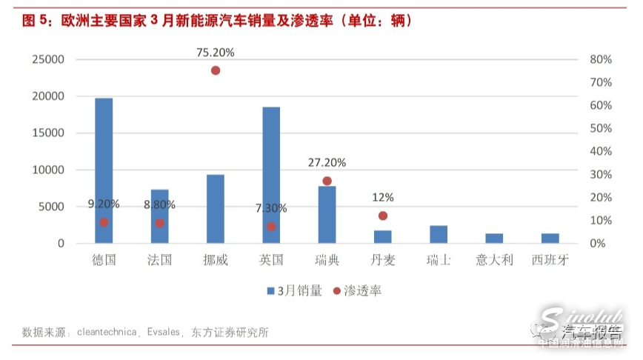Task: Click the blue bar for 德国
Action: (x=104, y=170)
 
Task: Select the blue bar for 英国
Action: (x=271, y=175)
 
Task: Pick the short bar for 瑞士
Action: (x=439, y=234)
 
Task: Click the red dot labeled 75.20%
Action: (x=216, y=70)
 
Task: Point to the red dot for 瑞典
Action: (x=327, y=181)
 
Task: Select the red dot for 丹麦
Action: (x=383, y=216)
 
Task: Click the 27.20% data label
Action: (x=327, y=162)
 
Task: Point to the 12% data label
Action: (x=383, y=197)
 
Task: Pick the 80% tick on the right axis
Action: (x=602, y=59)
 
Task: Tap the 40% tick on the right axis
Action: (x=602, y=151)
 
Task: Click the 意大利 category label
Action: (x=494, y=260)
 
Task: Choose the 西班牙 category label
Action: (x=550, y=260)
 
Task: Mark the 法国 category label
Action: (x=159, y=260)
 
